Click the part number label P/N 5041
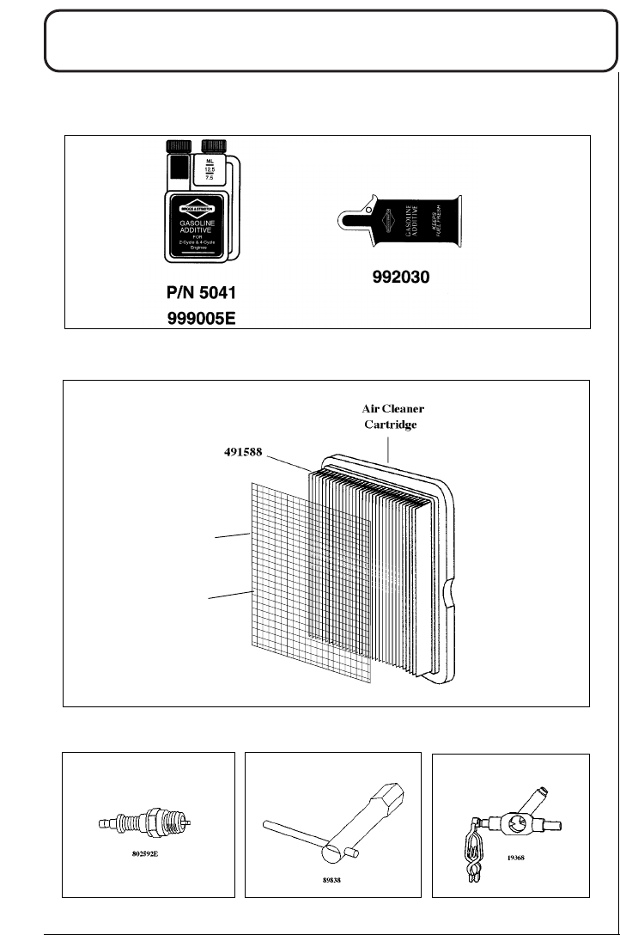click(201, 292)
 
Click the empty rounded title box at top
click(331, 52)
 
